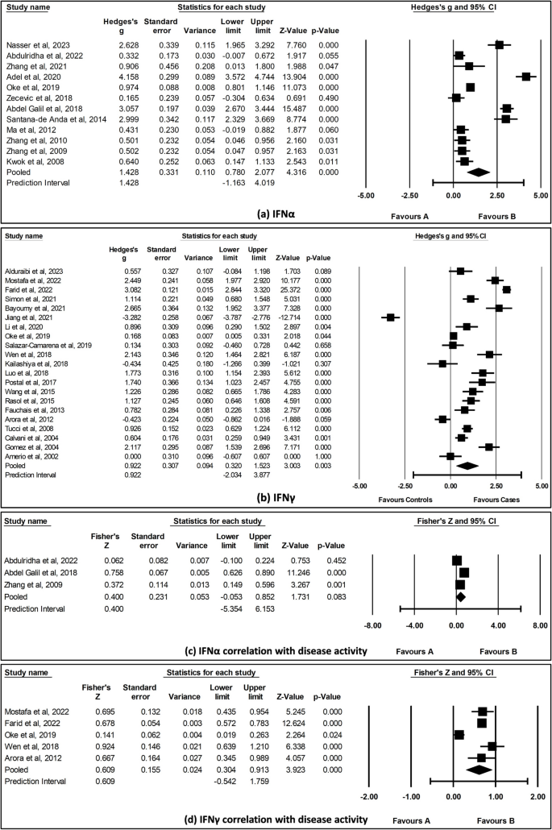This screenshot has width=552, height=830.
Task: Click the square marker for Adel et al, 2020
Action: click(x=526, y=77)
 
